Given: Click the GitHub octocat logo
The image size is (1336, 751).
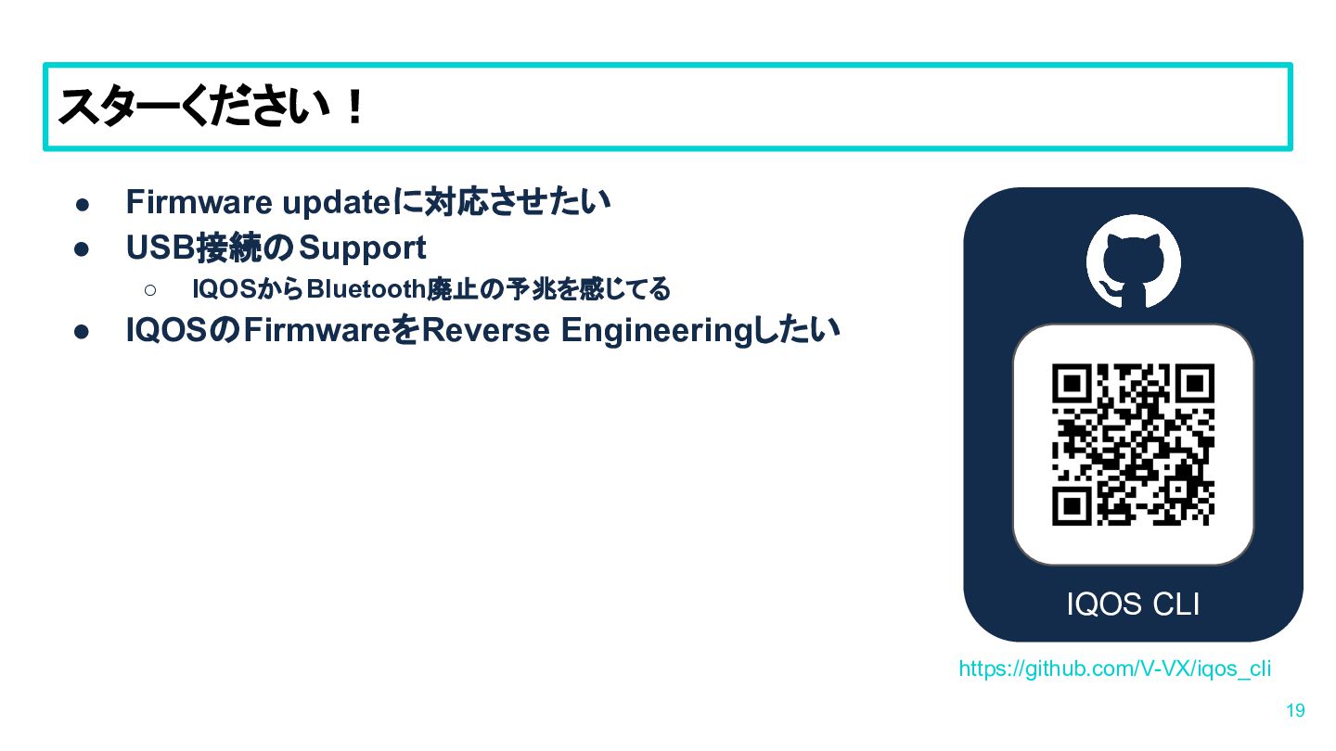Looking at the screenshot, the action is (1133, 261).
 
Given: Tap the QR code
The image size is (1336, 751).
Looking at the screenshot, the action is (1133, 445).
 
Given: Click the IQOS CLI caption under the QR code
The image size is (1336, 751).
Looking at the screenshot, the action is (1133, 605).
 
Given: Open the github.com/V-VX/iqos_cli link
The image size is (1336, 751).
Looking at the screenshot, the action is (1115, 668).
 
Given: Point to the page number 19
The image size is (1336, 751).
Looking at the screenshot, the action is (1295, 710).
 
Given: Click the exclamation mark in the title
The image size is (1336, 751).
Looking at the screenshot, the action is (355, 108).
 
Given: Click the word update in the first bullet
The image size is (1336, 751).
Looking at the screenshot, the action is (337, 203).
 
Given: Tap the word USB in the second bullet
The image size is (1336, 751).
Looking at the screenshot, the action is (161, 248).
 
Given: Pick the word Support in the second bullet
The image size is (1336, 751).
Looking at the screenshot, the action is (363, 248).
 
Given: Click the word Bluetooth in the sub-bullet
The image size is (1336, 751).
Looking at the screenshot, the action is (366, 289).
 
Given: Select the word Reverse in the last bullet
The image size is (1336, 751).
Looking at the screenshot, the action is (485, 330).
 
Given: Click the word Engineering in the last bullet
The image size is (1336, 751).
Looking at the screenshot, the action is (657, 332).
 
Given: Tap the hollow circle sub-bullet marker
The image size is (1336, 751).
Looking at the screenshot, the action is (150, 290).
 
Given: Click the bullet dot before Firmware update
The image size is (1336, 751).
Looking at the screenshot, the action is (83, 204).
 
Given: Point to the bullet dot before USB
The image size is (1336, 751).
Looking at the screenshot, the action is (82, 249).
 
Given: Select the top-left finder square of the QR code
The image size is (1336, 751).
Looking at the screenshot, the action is (1072, 383).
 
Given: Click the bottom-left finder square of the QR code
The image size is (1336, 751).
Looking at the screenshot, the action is (1072, 506).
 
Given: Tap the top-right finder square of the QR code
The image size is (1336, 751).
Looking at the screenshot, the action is (1195, 383).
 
